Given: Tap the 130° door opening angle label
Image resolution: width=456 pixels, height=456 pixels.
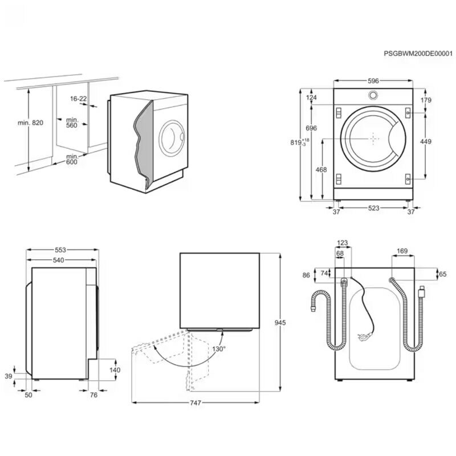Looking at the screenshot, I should click(219, 348).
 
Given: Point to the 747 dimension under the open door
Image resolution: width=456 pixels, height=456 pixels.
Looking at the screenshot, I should click(195, 404).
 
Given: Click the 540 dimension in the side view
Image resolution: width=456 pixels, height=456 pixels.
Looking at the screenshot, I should click(58, 260).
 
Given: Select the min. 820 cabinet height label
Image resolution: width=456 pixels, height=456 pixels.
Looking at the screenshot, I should click(30, 122).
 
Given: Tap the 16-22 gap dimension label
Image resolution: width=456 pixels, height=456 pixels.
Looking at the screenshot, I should click(79, 99).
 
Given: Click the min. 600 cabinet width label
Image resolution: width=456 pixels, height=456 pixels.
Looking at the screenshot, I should click(71, 159).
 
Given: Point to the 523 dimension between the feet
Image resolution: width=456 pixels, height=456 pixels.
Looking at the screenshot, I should click(373, 209).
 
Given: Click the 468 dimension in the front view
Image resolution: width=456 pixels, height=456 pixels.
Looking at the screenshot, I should click(321, 169).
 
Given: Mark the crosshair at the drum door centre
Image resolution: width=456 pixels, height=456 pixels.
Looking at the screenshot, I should click(373, 138).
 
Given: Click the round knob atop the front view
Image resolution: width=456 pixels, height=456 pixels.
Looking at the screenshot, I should click(373, 95).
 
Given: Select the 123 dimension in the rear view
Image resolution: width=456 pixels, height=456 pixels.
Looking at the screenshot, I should click(343, 243).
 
